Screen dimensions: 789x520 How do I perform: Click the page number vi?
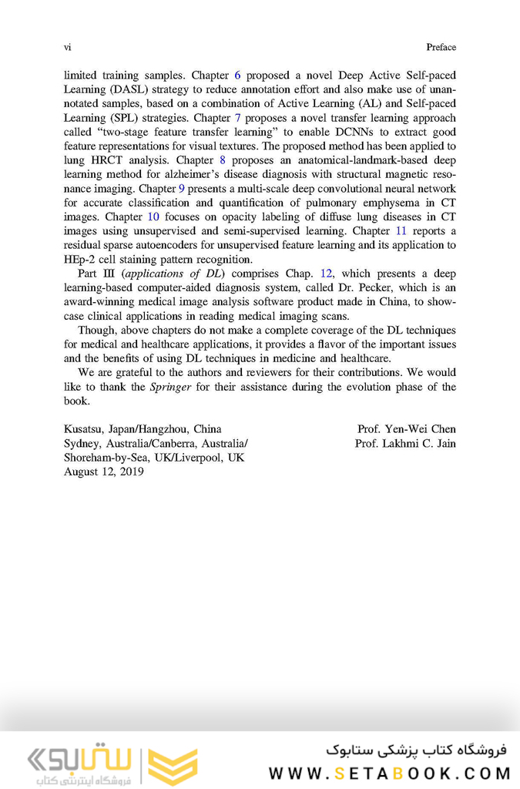pos(67,47)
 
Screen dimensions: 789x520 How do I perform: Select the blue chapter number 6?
pos(237,76)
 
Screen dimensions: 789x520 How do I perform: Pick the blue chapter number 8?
pos(222,160)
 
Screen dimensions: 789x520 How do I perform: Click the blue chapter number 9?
pos(181,189)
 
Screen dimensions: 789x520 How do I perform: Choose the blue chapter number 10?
pos(153,217)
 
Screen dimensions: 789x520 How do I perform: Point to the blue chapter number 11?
pos(401,231)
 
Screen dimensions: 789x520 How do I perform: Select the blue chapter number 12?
pos(326,274)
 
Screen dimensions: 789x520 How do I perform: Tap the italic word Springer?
pos(170,387)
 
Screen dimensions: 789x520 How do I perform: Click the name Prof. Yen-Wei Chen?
pos(406,428)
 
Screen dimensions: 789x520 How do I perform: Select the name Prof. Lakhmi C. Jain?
pos(404,443)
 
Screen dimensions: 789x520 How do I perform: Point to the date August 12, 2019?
pos(103,472)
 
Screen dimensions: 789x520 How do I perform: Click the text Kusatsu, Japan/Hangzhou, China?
pos(143,428)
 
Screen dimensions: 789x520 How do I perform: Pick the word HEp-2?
pos(80,260)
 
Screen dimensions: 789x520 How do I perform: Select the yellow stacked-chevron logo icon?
pos(173,764)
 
